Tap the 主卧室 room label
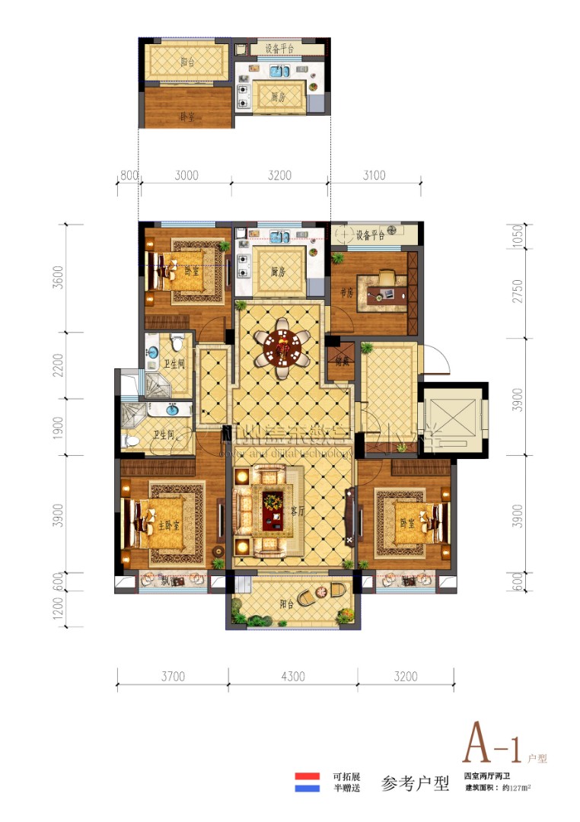click(169, 525)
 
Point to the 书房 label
click(349, 292)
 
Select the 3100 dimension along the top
click(374, 176)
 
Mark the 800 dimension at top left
click(129, 176)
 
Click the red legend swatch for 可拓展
click(308, 777)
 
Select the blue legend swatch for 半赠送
click(308, 789)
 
